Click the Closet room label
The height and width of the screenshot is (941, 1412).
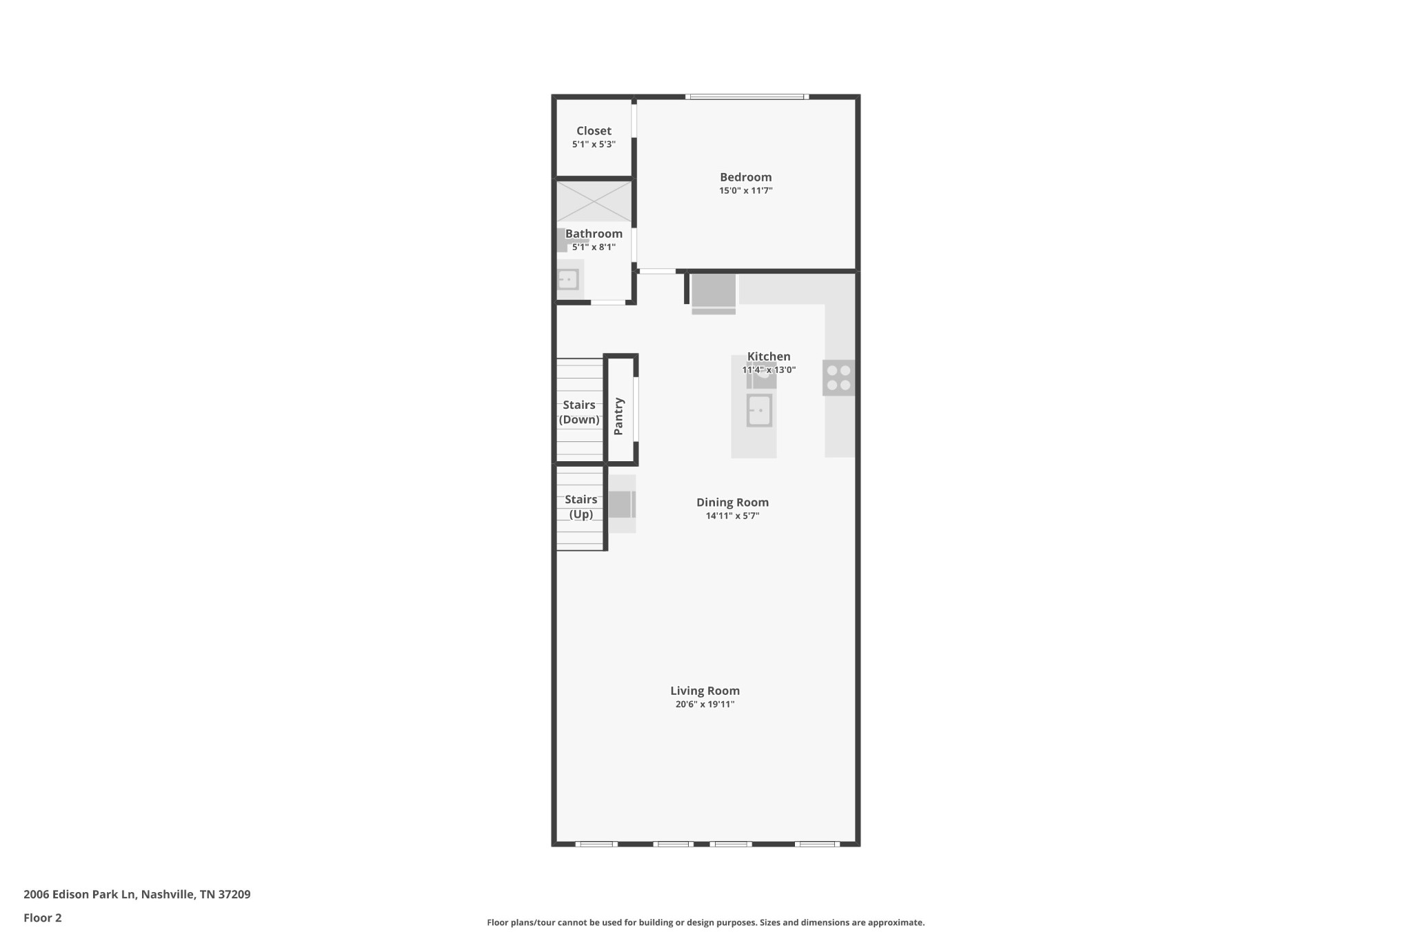click(594, 131)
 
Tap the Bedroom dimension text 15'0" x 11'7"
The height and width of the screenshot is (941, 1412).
click(746, 190)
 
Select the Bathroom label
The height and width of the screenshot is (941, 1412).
click(594, 234)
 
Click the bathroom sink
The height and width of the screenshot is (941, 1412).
click(567, 279)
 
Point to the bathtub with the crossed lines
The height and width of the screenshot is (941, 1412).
click(594, 201)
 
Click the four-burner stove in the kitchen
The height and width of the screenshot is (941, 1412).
click(838, 378)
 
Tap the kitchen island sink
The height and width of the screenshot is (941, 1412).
click(759, 411)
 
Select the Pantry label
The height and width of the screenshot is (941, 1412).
click(618, 416)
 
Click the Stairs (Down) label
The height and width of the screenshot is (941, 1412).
click(579, 412)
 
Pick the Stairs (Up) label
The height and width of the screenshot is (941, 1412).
click(581, 507)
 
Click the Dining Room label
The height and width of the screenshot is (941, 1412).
click(732, 503)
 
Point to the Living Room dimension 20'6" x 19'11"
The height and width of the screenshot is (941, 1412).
click(705, 704)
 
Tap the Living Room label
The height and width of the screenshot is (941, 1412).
click(705, 691)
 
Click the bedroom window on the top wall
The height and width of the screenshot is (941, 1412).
click(747, 97)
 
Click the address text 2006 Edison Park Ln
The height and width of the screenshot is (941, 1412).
click(80, 895)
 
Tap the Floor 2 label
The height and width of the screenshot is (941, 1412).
click(43, 918)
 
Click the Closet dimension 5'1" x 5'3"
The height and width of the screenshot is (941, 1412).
click(594, 144)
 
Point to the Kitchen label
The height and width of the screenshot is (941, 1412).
click(769, 356)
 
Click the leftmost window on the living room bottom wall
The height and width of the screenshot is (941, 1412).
click(596, 844)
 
